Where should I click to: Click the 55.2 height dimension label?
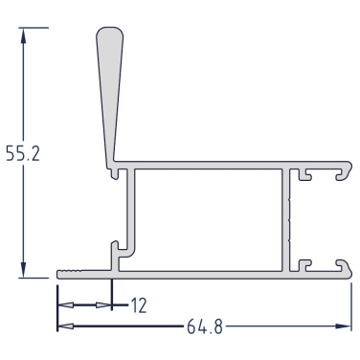(23, 154)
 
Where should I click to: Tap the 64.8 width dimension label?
(205, 326)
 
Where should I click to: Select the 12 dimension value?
(139, 305)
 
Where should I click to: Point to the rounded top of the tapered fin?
(109, 32)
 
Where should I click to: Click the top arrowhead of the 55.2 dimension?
(23, 36)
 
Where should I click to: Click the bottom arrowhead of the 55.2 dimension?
(23, 269)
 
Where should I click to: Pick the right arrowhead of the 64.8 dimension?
(343, 326)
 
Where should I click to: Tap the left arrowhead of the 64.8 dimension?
(66, 326)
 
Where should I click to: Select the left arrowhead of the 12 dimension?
(66, 305)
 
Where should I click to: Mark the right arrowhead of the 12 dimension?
(103, 305)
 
